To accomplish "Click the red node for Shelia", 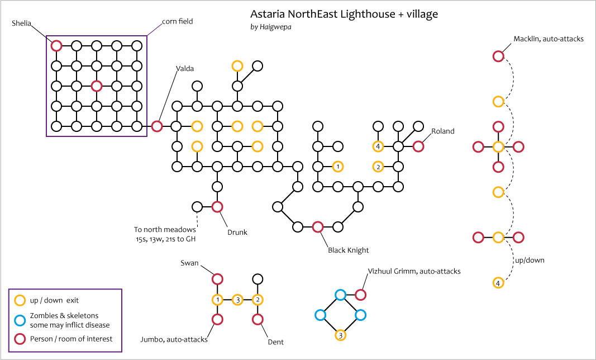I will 56,46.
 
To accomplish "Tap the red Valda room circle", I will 157,126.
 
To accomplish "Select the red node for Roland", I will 418,146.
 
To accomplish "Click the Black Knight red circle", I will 318,226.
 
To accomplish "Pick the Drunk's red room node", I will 217,207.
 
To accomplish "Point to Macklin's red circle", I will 498,56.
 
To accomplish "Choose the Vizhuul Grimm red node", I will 360,295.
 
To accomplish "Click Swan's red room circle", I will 217,279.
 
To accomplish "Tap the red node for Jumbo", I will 217,319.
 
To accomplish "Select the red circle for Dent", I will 258,319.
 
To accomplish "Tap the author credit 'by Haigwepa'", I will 272,26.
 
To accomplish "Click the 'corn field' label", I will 178,22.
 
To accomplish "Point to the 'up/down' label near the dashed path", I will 529,260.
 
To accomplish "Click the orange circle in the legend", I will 20,301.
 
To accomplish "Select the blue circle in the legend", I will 20,320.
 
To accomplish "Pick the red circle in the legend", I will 20,339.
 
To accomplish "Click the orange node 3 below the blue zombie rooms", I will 340,335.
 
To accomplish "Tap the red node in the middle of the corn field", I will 96,86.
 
